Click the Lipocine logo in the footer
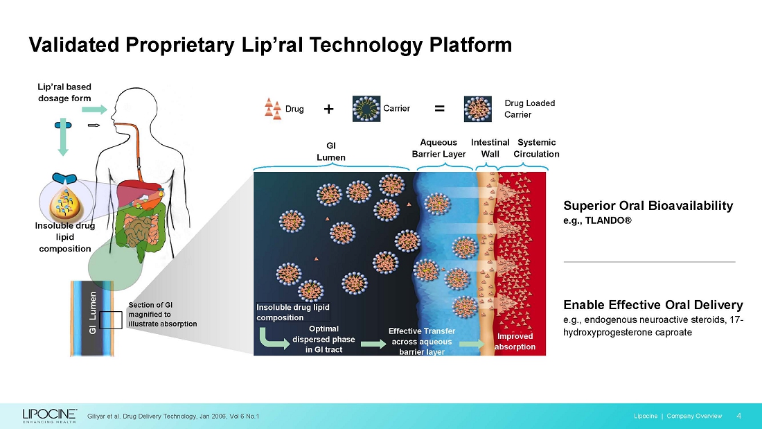(x=50, y=415)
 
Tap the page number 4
(x=738, y=416)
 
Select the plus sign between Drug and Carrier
(x=328, y=109)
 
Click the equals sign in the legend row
(x=439, y=109)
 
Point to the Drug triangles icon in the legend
(x=273, y=109)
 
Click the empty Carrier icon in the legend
(x=366, y=109)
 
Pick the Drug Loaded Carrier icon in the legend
(x=478, y=109)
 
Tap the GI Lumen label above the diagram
(x=331, y=151)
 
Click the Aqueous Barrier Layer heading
(x=438, y=148)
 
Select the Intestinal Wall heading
(x=490, y=148)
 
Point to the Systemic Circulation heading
(x=536, y=148)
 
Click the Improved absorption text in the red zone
(x=515, y=342)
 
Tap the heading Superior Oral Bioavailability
(x=648, y=206)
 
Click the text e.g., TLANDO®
(x=597, y=221)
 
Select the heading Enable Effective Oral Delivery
(x=653, y=305)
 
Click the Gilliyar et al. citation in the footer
(x=173, y=417)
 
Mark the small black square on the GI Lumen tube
(x=111, y=320)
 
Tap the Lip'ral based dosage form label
(x=64, y=92)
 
